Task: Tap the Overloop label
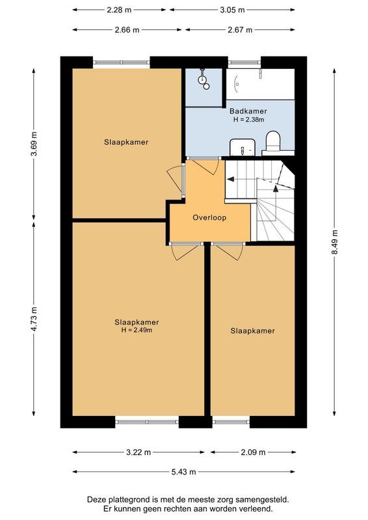[x=209, y=218]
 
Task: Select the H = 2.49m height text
[x=137, y=330]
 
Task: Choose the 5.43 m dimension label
[x=184, y=472]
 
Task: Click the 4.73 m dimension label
[x=34, y=319]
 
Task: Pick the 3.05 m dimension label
[x=232, y=10]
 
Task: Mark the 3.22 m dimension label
[x=138, y=452]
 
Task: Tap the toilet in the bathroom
[x=272, y=142]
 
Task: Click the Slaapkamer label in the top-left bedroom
[x=126, y=142]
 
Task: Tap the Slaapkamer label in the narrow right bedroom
[x=252, y=331]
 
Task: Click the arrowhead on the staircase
[x=276, y=188]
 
